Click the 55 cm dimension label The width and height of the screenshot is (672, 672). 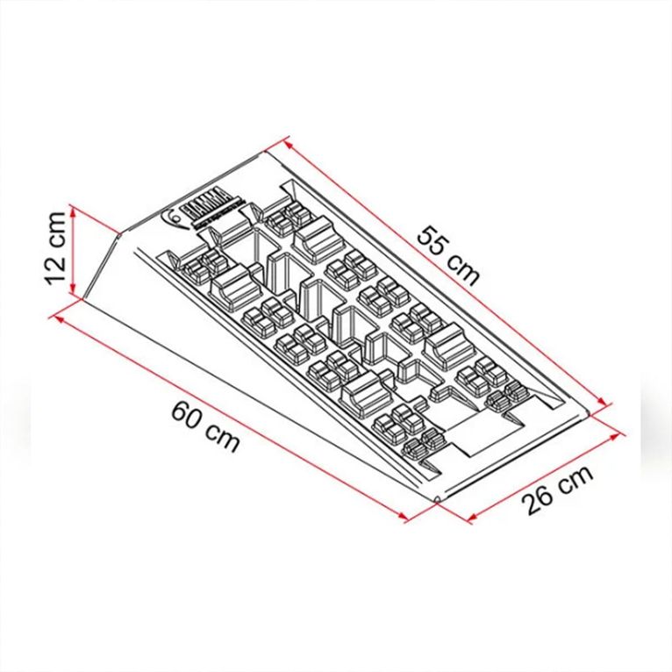tap(448, 255)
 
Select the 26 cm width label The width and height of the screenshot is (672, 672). tap(556, 491)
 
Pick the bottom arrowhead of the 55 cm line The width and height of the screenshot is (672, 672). tap(605, 404)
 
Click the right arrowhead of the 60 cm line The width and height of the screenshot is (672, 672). tap(408, 521)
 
